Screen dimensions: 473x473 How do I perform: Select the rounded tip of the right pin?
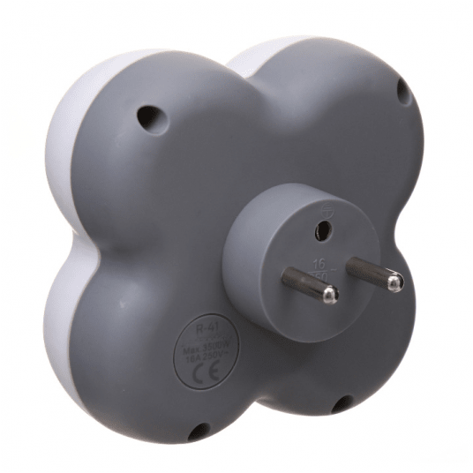(395, 282)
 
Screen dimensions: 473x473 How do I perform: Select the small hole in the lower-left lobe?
(199, 431)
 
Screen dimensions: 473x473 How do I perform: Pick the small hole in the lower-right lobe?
(339, 404)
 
